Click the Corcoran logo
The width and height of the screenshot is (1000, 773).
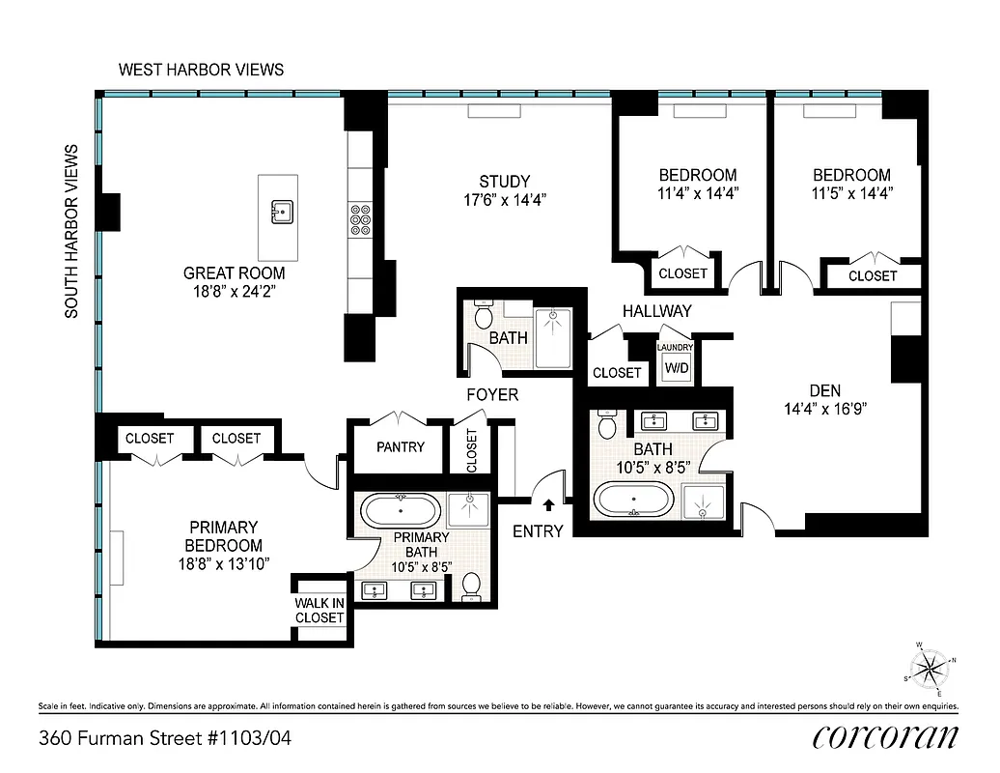[885, 737]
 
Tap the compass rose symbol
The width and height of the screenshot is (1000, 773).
[930, 667]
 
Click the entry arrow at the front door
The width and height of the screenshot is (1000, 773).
[548, 504]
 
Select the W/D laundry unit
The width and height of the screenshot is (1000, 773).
[676, 367]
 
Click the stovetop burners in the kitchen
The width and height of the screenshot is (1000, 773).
[361, 221]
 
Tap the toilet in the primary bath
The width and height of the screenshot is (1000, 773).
[471, 586]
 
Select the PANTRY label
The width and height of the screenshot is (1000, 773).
[401, 447]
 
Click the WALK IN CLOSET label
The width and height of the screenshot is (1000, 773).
[319, 611]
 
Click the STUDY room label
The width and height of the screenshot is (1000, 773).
[504, 182]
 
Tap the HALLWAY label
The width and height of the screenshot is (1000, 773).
[656, 311]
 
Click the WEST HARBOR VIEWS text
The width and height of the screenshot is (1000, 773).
[201, 70]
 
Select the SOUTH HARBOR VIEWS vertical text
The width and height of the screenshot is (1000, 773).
[71, 231]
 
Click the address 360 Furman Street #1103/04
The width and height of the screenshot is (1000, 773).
[164, 739]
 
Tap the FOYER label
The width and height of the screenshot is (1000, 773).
[492, 394]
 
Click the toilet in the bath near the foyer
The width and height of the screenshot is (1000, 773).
[484, 317]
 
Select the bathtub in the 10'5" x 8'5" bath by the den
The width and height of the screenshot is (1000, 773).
[632, 501]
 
